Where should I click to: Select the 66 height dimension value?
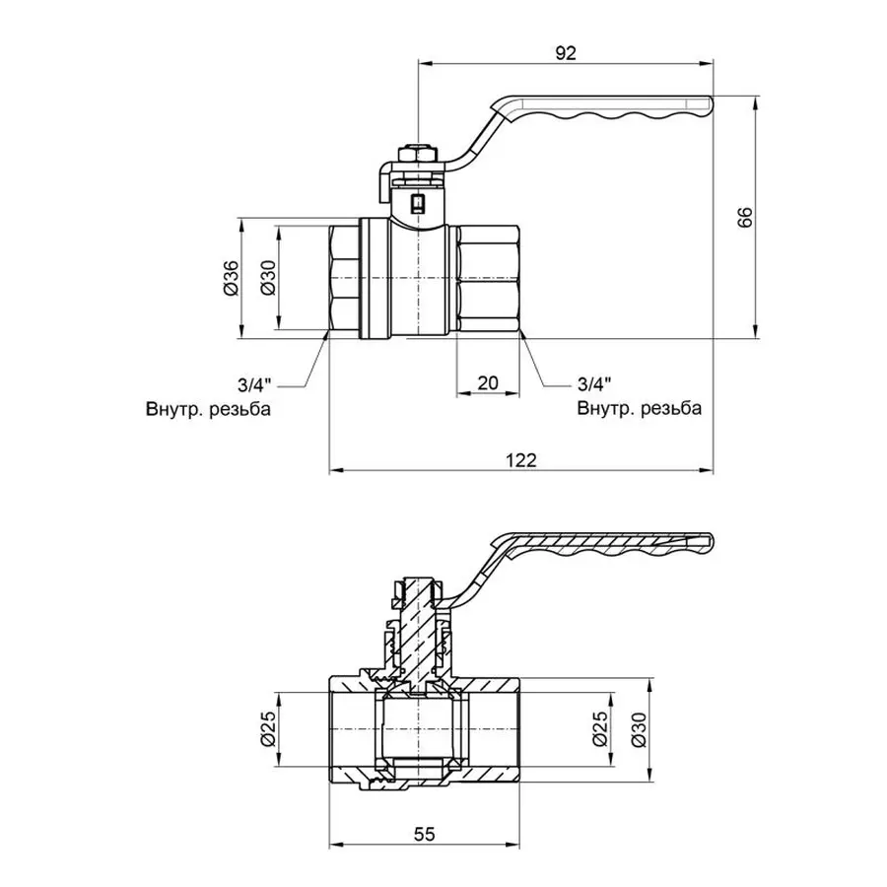[745, 218]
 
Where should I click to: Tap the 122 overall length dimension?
[522, 460]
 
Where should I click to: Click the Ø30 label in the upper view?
[266, 280]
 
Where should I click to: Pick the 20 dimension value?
[487, 384]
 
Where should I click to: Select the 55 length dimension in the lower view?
[424, 834]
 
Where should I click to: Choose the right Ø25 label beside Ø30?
[597, 730]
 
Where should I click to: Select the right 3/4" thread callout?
[594, 383]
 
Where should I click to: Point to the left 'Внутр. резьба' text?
[208, 408]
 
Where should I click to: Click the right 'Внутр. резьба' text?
[640, 408]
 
